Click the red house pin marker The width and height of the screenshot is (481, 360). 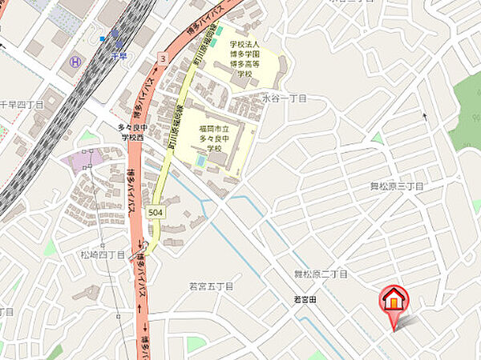point(393,300)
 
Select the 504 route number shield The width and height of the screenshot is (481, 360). point(156,211)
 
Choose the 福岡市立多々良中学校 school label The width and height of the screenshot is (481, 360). point(214,138)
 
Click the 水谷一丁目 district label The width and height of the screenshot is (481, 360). point(285,98)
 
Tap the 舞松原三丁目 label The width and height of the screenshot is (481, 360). point(396,186)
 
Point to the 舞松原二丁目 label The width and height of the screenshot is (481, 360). point(321,274)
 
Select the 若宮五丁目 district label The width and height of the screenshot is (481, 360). point(210,286)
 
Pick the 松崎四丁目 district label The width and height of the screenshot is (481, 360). point(102,254)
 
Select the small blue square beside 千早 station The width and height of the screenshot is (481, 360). point(103,38)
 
